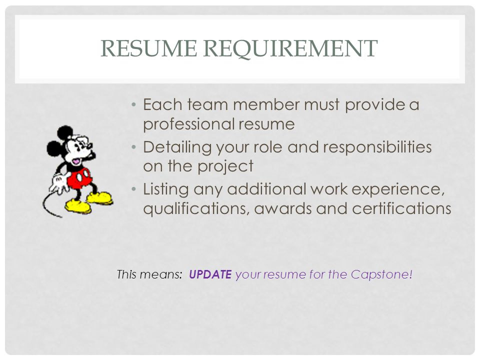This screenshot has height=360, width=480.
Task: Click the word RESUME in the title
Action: pyautogui.click(x=149, y=48)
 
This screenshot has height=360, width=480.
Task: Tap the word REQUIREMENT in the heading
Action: pyautogui.click(x=290, y=48)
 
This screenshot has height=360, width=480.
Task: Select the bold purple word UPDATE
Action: pyautogui.click(x=210, y=274)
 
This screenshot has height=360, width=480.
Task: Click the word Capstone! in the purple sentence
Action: pyautogui.click(x=381, y=274)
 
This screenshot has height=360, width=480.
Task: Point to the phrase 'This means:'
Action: pyautogui.click(x=149, y=274)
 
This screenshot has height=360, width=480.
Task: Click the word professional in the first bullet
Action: pyautogui.click(x=188, y=124)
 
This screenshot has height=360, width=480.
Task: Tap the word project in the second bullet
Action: pyautogui.click(x=225, y=166)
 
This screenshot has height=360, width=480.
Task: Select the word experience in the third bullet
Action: pyautogui.click(x=398, y=189)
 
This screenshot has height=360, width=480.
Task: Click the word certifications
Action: pyautogui.click(x=401, y=208)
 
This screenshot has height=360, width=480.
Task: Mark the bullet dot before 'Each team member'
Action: pyautogui.click(x=133, y=105)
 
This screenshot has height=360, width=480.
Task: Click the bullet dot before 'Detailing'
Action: pyautogui.click(x=133, y=147)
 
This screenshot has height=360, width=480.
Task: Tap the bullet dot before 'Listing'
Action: pyautogui.click(x=133, y=189)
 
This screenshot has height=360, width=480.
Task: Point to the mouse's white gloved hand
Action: pyautogui.click(x=59, y=183)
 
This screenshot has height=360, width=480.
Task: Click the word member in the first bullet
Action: pyautogui.click(x=266, y=104)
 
